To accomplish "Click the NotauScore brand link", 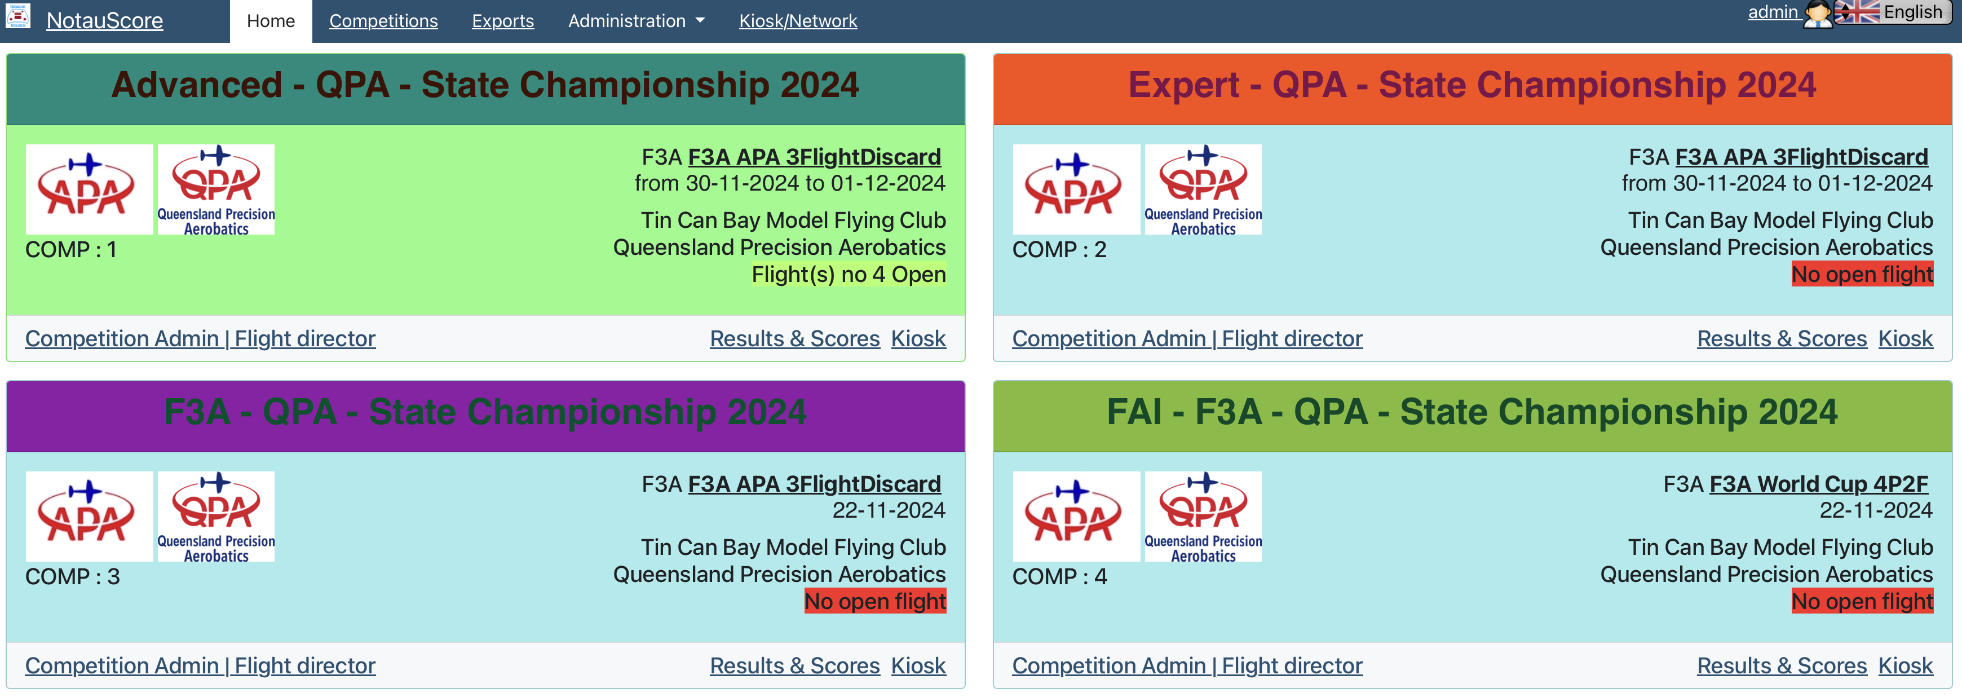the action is pyautogui.click(x=104, y=20).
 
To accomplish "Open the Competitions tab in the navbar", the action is pyautogui.click(x=383, y=20).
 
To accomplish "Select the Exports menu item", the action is pyautogui.click(x=503, y=20).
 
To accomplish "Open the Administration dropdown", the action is pyautogui.click(x=636, y=20).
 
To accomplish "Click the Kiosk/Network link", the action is pyautogui.click(x=797, y=20).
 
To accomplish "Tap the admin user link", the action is pyautogui.click(x=1773, y=12).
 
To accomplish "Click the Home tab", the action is pyautogui.click(x=271, y=20).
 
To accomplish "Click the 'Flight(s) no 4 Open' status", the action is pyautogui.click(x=849, y=274).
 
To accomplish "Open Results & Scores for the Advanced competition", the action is pyautogui.click(x=794, y=338).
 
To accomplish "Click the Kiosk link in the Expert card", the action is pyautogui.click(x=1905, y=338).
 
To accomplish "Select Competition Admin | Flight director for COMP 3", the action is pyautogui.click(x=200, y=665).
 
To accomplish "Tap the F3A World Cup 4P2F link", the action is pyautogui.click(x=1819, y=484).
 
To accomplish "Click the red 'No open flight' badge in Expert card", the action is pyautogui.click(x=1862, y=274).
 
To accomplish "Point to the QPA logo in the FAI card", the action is pyautogui.click(x=1203, y=517).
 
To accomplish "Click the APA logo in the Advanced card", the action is pyautogui.click(x=89, y=189).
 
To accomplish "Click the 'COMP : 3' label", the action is pyautogui.click(x=72, y=577).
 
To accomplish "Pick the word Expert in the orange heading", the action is pyautogui.click(x=1183, y=85).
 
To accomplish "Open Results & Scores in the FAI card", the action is pyautogui.click(x=1782, y=665).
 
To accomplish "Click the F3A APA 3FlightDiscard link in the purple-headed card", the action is pyautogui.click(x=814, y=484).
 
